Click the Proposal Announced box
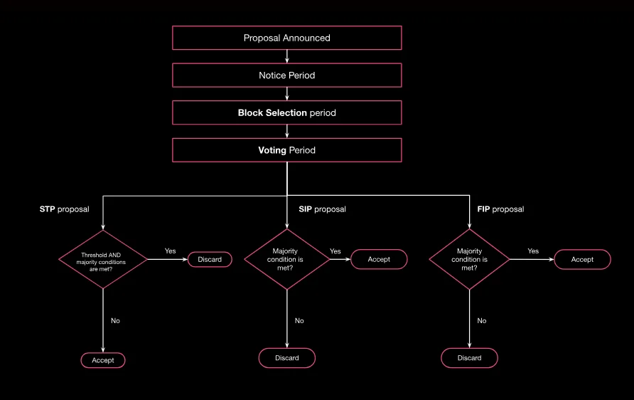click(286, 38)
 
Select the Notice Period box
click(286, 75)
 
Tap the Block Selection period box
click(286, 112)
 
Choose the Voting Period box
click(286, 150)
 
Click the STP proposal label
click(64, 209)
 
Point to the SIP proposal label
click(322, 209)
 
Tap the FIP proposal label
click(500, 209)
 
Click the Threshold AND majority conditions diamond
click(104, 259)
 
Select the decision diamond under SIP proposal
click(286, 259)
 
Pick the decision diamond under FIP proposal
click(469, 259)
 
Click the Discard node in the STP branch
click(210, 260)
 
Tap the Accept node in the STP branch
click(103, 360)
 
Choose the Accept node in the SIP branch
click(379, 259)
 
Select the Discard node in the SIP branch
click(286, 358)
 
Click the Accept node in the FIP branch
click(582, 259)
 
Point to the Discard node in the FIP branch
click(469, 358)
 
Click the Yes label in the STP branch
click(171, 251)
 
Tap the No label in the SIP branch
click(299, 320)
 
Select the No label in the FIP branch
click(482, 320)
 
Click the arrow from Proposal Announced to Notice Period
click(286, 56)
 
